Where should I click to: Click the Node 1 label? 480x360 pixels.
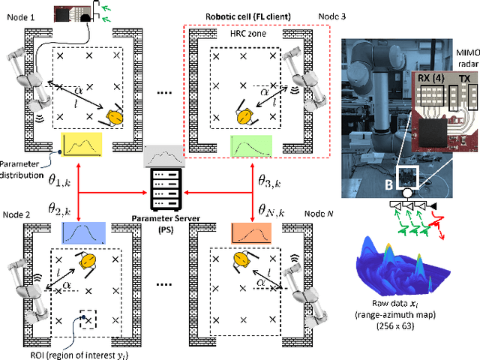click(17, 14)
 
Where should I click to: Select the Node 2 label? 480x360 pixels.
click(17, 214)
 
